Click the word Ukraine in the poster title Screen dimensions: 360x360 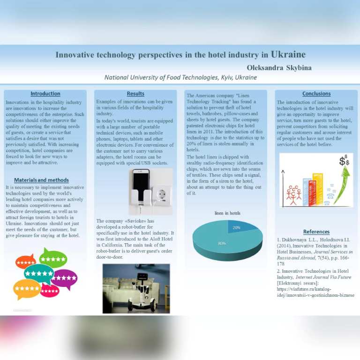pyautogui.click(x=288, y=54)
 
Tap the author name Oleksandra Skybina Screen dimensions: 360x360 pyautogui.click(x=279, y=67)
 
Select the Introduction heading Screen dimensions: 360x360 pyautogui.click(x=45, y=94)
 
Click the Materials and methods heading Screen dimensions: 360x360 pyautogui.click(x=41, y=180)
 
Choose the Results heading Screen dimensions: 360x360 pyautogui.click(x=135, y=94)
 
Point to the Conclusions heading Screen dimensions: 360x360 pyautogui.click(x=316, y=94)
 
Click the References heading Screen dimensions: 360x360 pyautogui.click(x=316, y=232)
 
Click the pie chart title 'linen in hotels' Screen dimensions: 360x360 pyautogui.click(x=227, y=213)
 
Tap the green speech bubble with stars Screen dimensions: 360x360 pyautogui.click(x=53, y=258)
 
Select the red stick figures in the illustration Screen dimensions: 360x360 pyautogui.click(x=293, y=194)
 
